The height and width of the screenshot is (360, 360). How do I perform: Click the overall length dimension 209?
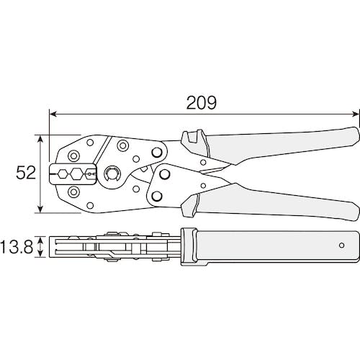tap(202, 103)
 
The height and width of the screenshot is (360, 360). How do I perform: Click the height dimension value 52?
tap(26, 173)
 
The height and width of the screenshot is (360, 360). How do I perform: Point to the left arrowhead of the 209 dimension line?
tap(53, 114)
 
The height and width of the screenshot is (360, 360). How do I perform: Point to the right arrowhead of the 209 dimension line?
tap(356, 114)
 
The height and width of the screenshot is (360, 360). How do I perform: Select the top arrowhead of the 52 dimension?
tap(41, 139)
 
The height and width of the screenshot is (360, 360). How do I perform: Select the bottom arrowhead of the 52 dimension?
tap(41, 209)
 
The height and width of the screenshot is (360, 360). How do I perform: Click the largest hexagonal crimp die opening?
tap(76, 173)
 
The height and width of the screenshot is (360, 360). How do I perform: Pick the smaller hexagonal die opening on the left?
tap(63, 173)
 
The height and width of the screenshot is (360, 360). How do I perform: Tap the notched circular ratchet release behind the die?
tap(111, 174)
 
